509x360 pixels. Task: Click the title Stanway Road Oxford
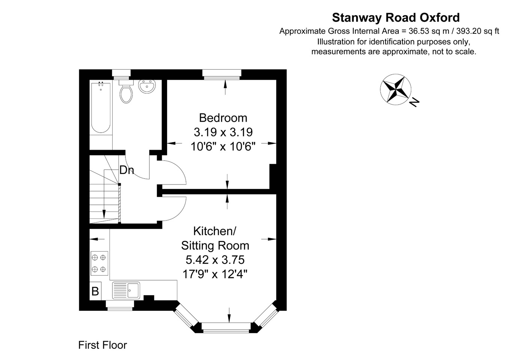(x=396, y=18)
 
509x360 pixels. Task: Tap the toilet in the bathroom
(x=126, y=92)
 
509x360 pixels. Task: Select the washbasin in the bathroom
(x=147, y=87)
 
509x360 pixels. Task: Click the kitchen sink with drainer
(x=126, y=290)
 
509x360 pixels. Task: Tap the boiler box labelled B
(x=95, y=291)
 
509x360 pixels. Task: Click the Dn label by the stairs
(x=126, y=170)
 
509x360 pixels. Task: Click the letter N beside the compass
(x=414, y=102)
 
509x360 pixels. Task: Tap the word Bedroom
(x=223, y=118)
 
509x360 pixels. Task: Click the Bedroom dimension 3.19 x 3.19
(x=223, y=132)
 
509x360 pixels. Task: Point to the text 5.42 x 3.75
(x=215, y=259)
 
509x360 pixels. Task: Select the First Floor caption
(x=102, y=345)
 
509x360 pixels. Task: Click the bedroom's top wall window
(x=222, y=74)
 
